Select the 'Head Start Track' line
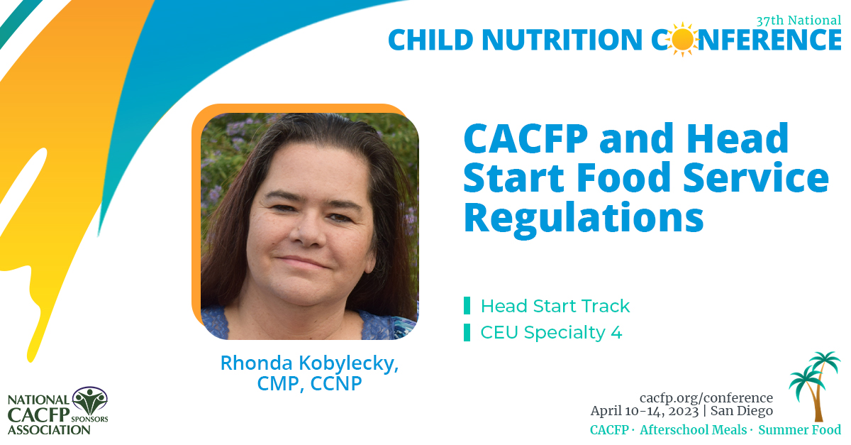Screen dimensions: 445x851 click(555, 307)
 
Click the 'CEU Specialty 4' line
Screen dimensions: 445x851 click(551, 332)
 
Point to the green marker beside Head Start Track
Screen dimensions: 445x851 click(467, 307)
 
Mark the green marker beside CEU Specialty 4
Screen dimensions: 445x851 click(467, 332)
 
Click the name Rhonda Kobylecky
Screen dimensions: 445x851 click(309, 363)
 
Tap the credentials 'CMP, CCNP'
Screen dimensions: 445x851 click(309, 383)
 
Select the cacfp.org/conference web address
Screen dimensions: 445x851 click(706, 398)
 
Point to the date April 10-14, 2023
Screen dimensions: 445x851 click(643, 411)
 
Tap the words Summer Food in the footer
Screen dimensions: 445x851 click(800, 430)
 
